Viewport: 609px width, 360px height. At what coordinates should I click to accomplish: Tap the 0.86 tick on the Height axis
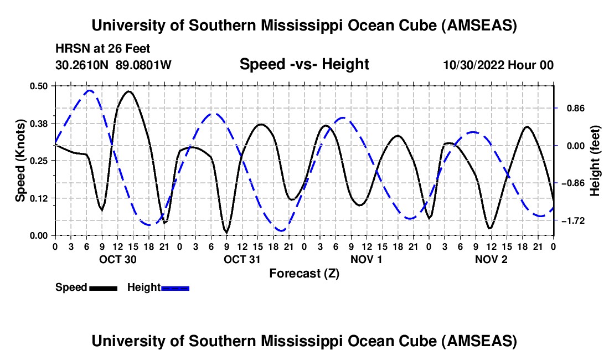pyautogui.click(x=574, y=108)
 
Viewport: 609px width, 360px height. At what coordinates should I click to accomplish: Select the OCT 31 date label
pyautogui.click(x=242, y=259)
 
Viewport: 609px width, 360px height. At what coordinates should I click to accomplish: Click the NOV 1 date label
pyautogui.click(x=367, y=259)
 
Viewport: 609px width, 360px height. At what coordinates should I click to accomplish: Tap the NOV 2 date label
pyautogui.click(x=492, y=259)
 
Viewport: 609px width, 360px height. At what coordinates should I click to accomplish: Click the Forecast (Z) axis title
pyautogui.click(x=304, y=273)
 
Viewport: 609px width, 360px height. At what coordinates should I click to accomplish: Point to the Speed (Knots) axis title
pyautogui.click(x=20, y=160)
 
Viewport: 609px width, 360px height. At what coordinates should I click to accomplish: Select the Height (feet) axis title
pyautogui.click(x=595, y=160)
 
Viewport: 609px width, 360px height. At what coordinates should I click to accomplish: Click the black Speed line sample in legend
pyautogui.click(x=104, y=287)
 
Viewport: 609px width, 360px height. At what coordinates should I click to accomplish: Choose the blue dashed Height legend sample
pyautogui.click(x=175, y=287)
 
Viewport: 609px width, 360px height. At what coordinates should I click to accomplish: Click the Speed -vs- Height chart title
pyautogui.click(x=304, y=64)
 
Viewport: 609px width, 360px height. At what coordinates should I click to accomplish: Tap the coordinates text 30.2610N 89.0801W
pyautogui.click(x=113, y=65)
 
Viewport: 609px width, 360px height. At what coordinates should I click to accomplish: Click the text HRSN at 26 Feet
pyautogui.click(x=102, y=49)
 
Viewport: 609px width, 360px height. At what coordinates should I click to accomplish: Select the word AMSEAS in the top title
pyautogui.click(x=479, y=25)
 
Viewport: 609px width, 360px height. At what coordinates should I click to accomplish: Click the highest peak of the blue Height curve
pyautogui.click(x=89, y=90)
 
